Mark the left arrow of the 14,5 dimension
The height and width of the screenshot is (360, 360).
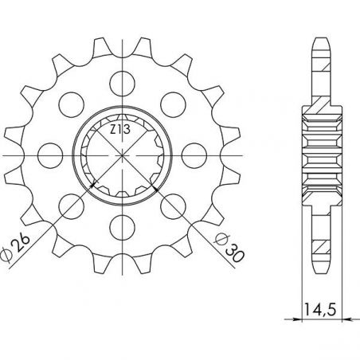click(x=305, y=319)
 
